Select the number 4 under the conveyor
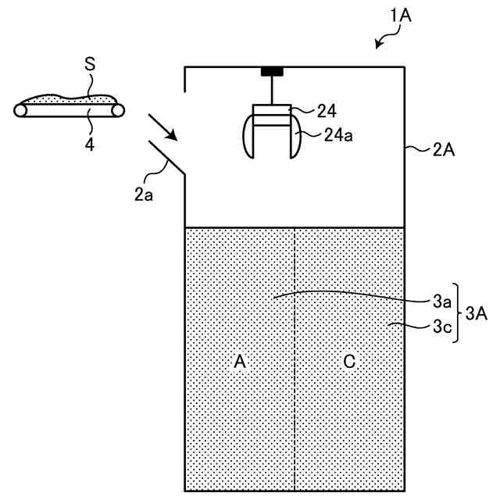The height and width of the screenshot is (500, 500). point(90,144)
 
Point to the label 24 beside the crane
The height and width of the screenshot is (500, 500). point(326,111)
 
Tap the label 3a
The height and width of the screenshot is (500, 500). point(441,300)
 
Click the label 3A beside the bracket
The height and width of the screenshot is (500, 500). point(477,313)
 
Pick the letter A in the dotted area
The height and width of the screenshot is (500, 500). point(240,361)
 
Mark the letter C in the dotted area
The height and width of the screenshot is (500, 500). point(349,361)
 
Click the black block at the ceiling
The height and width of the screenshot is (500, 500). point(272,72)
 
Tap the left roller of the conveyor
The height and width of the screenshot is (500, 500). point(21,111)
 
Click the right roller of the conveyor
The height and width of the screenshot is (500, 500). point(119,111)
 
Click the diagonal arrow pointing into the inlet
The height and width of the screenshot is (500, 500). point(162,126)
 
